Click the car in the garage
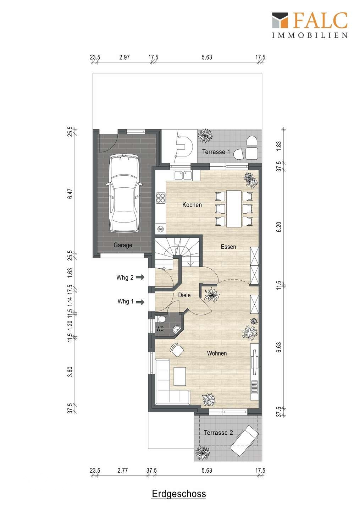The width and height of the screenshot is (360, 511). tap(124, 193)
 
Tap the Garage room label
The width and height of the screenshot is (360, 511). tap(123, 245)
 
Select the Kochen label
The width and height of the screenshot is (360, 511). tap(192, 205)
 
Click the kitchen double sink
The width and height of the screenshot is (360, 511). tap(183, 176)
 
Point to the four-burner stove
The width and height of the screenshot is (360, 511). tap(161, 198)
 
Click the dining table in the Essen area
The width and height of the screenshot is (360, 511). tap(234, 209)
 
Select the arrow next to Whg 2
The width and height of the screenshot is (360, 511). tap(140, 278)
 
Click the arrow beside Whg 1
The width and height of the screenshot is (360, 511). tap(140, 302)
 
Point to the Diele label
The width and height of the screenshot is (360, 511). tap(184, 295)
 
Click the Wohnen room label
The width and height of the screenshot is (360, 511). tap(217, 353)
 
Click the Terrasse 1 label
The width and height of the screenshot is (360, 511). tap(216, 152)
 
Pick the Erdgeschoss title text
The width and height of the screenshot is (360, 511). tap(179, 493)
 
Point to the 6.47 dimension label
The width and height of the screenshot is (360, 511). tap(70, 193)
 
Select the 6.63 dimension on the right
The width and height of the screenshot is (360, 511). tap(279, 347)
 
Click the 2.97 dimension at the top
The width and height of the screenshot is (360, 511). tap(124, 57)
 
